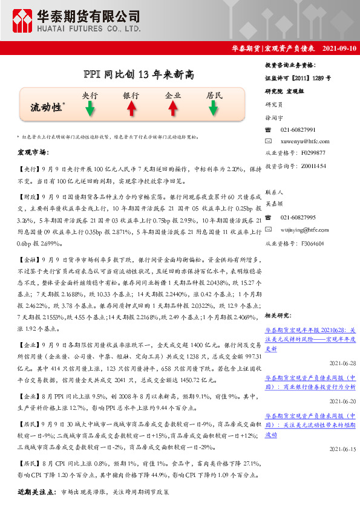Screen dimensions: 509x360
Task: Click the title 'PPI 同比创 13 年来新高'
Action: [x=139, y=74]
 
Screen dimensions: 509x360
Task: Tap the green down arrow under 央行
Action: [x=90, y=108]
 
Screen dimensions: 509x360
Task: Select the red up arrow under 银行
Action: [x=131, y=108]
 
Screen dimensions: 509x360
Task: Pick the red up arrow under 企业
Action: [x=172, y=108]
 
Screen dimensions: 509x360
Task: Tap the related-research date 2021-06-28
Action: [x=342, y=363]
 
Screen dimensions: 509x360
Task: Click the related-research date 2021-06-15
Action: [x=342, y=449]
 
